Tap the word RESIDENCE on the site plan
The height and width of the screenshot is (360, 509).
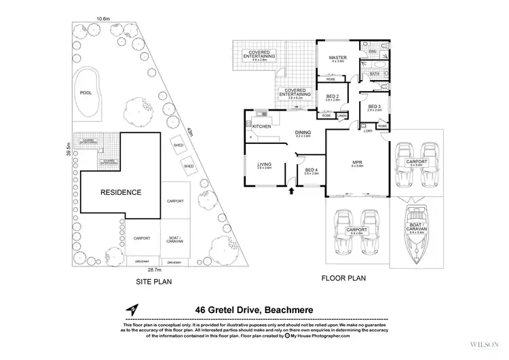tap(121, 192)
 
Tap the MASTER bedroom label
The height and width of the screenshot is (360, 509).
tap(338, 58)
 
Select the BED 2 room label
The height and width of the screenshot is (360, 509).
tap(333, 96)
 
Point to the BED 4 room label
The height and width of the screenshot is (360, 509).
tap(312, 170)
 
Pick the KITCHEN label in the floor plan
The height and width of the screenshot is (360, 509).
tap(263, 127)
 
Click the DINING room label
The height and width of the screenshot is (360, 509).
tap(303, 132)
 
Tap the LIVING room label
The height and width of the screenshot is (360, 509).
tap(264, 164)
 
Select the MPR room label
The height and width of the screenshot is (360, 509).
tap(358, 162)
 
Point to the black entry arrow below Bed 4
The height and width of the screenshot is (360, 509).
tap(292, 192)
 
